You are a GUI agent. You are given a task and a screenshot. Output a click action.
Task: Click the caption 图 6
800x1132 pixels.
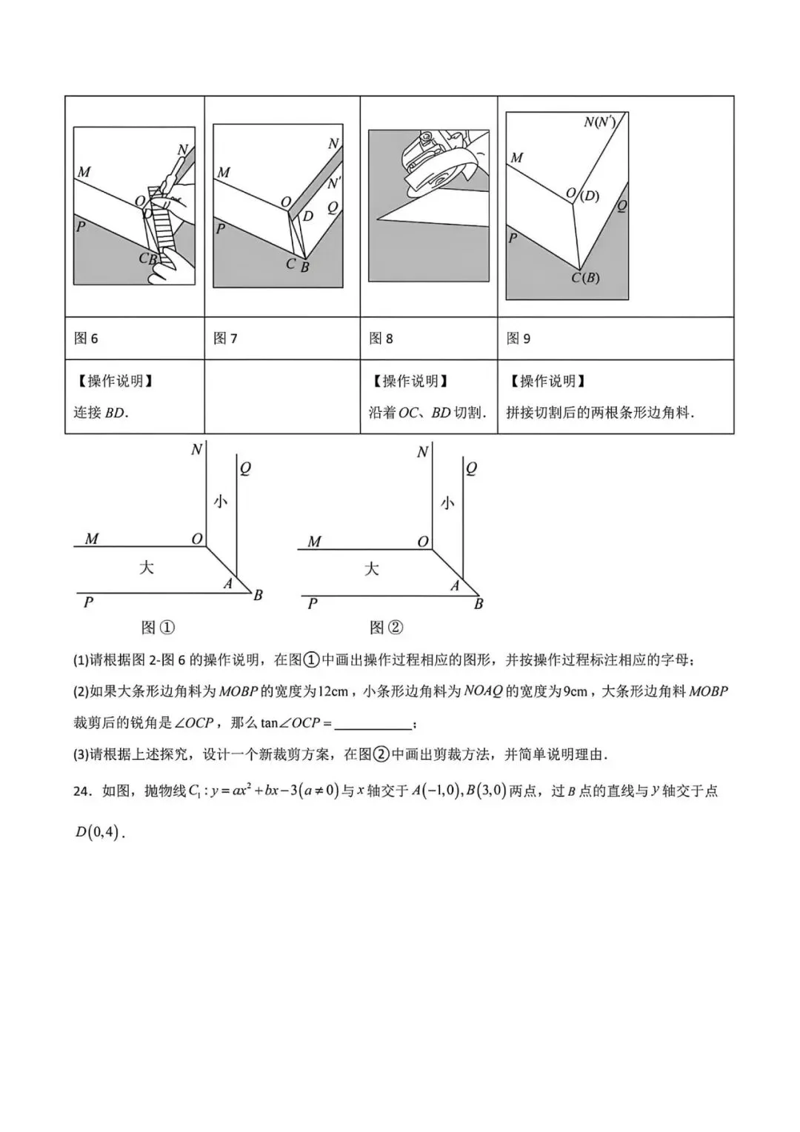click(86, 339)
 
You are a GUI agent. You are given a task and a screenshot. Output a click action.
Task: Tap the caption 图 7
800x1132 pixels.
click(225, 339)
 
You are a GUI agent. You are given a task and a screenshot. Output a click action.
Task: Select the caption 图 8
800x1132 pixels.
click(381, 339)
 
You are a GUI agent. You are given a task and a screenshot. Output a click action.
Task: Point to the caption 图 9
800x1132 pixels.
click(519, 339)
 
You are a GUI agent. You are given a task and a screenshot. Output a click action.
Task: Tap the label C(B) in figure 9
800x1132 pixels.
click(584, 278)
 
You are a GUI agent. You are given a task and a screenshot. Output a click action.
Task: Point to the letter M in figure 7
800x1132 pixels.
click(223, 173)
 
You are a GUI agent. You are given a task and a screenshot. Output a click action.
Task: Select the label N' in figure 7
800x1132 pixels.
click(334, 183)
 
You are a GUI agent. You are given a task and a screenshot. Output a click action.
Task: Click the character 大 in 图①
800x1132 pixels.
click(147, 567)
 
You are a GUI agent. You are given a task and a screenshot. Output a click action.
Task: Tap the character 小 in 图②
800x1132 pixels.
click(447, 503)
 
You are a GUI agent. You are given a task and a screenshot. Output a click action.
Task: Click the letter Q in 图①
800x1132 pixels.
click(245, 468)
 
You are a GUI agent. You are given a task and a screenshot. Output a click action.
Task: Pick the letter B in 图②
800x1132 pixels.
click(479, 604)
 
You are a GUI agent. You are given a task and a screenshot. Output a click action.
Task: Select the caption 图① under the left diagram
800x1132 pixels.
click(158, 627)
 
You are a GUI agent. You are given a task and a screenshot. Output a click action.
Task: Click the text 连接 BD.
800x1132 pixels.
click(101, 413)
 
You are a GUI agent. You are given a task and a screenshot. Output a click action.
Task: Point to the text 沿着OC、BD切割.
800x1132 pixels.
click(427, 413)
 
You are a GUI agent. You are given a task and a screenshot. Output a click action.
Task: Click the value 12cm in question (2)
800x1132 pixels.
click(333, 691)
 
